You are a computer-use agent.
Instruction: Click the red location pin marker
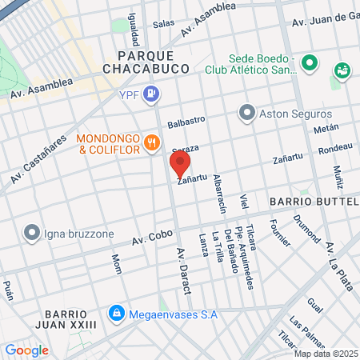pyautogui.click(x=180, y=165)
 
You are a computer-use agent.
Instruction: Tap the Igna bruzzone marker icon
pyautogui.click(x=32, y=233)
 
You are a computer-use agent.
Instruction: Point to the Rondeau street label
pyautogui.click(x=335, y=149)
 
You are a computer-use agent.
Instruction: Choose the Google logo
pyautogui.click(x=26, y=350)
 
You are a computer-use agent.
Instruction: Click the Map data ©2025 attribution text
pyautogui.click(x=326, y=354)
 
